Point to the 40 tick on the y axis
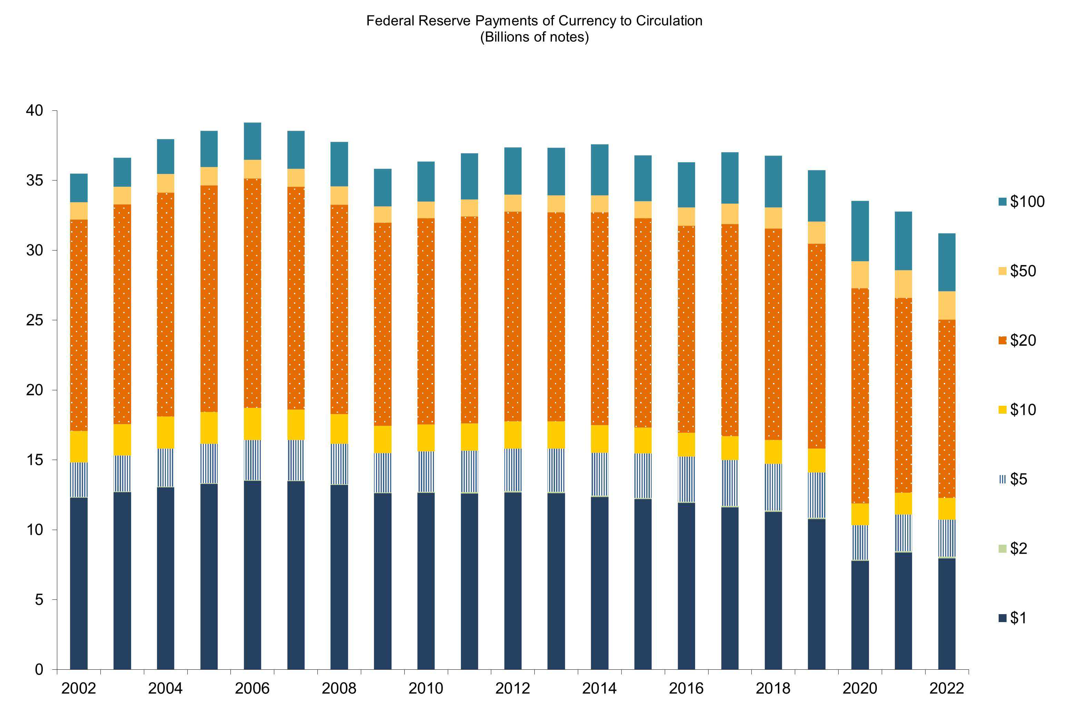[x=34, y=110]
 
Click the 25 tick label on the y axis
[x=34, y=320]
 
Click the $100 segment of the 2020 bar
[x=860, y=231]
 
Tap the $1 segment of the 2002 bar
[x=79, y=583]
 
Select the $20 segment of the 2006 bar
[x=252, y=293]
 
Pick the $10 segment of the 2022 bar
[x=946, y=509]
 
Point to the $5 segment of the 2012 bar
[x=512, y=470]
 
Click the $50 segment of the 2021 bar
[x=903, y=284]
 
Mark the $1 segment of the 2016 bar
[x=686, y=586]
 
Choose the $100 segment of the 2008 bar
[x=339, y=164]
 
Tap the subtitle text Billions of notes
[x=535, y=37]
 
